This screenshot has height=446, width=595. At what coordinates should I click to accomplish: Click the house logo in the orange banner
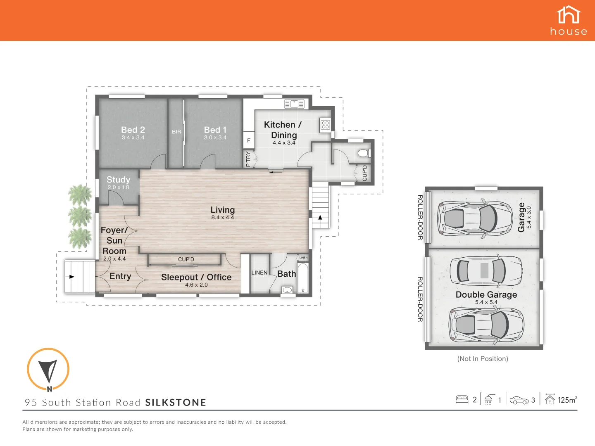tap(569, 20)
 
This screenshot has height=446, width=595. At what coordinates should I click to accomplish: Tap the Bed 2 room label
tap(133, 130)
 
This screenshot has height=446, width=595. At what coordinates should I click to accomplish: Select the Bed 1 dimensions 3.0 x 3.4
tap(215, 138)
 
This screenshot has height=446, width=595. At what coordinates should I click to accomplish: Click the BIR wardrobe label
tap(176, 132)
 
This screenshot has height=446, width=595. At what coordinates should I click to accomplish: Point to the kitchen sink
tap(294, 104)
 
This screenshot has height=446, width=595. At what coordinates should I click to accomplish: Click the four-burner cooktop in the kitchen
tap(325, 124)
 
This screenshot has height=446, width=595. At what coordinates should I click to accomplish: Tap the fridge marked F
tap(249, 140)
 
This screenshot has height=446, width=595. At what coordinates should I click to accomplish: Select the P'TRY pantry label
tap(248, 159)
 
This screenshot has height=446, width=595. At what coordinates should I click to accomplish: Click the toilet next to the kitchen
tap(363, 154)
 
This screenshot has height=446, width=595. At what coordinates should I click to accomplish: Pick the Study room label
tap(118, 180)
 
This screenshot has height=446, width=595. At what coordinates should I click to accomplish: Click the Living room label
tap(222, 210)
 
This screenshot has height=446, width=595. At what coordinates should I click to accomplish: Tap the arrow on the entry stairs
tap(71, 277)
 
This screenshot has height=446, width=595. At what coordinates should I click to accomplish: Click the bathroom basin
tap(287, 290)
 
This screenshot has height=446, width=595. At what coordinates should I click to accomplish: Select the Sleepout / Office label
tap(196, 277)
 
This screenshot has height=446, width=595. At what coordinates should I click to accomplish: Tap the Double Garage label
tap(486, 294)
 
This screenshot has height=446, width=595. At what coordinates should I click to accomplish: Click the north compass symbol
tap(48, 369)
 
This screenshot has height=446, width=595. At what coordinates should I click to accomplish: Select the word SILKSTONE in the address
tap(176, 403)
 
